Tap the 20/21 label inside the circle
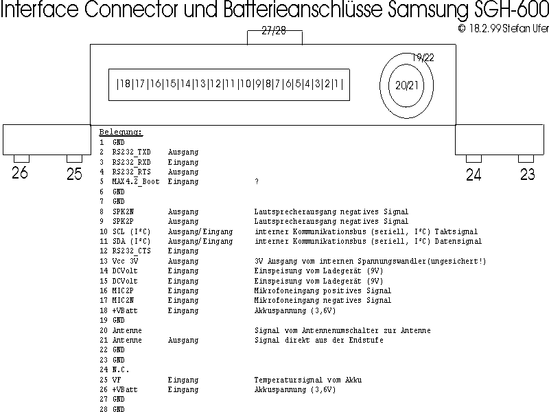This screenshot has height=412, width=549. point(406,85)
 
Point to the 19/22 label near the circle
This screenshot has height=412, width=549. point(423,58)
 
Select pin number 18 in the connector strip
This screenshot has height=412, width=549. point(124,84)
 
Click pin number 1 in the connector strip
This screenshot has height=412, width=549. point(338,84)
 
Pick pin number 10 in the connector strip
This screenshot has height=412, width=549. point(245,84)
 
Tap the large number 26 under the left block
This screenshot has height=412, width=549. point(20,173)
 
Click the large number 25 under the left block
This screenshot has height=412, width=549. point(74,174)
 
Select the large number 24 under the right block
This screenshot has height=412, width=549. point(474,174)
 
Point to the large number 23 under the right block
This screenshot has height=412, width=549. point(527,174)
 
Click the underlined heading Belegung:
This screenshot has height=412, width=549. point(121,132)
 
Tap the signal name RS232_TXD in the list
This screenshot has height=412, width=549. point(131,152)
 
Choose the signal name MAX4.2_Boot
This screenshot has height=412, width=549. point(136,182)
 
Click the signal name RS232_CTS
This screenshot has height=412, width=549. point(131,251)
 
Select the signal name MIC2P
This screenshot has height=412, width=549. point(123,291)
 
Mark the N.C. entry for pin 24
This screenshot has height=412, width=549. point(121,370)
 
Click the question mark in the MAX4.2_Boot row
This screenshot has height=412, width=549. point(256,182)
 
